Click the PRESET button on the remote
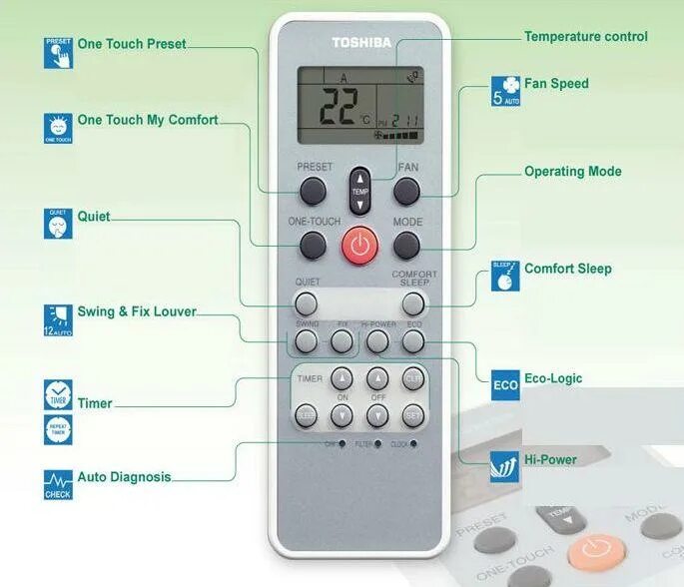[313, 190]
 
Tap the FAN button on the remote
[406, 190]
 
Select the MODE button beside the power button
[406, 245]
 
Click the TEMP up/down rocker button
[359, 190]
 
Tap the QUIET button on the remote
[307, 303]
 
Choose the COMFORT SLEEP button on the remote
[413, 303]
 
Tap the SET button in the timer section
[413, 414]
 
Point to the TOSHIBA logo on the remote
[359, 42]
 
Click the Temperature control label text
[585, 37]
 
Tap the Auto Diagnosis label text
[124, 477]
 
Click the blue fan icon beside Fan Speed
[506, 90]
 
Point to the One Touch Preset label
[131, 44]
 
